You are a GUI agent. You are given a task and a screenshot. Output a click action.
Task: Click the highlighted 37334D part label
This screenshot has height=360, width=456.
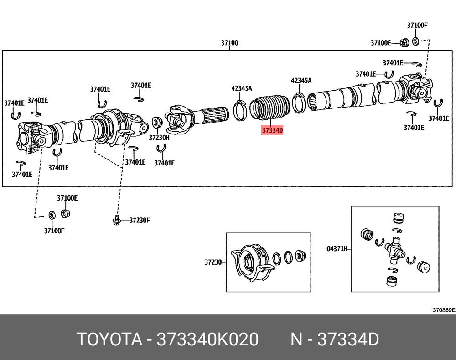tap(272, 131)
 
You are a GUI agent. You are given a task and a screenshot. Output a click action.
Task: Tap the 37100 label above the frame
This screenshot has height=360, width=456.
tap(230, 43)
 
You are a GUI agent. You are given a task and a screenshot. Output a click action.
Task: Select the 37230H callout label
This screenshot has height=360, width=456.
tap(159, 137)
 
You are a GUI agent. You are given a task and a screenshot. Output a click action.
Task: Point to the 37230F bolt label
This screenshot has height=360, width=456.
tap(139, 221)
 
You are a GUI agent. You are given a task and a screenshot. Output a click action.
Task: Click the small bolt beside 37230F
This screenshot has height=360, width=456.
tap(116, 221)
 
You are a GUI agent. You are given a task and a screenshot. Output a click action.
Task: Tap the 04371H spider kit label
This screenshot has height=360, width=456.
tap(337, 249)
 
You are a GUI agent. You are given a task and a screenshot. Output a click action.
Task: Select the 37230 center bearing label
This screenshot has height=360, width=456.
tap(212, 262)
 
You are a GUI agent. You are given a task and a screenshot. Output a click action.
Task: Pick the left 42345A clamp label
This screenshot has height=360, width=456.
tap(242, 88)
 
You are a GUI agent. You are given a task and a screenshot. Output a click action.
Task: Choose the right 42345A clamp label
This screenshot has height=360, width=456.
tap(301, 81)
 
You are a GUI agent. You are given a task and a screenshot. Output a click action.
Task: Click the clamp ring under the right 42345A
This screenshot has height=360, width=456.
tap(299, 103)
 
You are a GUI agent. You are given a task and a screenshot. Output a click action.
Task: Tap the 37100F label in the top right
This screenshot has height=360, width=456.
tap(417, 25)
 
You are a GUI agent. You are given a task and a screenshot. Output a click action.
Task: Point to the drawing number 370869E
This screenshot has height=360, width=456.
tap(444, 310)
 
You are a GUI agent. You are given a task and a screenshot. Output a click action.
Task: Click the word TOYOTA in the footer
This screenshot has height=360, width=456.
tap(108, 339)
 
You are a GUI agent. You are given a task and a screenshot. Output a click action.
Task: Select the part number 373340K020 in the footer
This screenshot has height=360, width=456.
tap(207, 339)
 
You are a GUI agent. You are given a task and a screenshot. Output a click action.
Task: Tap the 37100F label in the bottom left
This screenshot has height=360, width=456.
tap(54, 231)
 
